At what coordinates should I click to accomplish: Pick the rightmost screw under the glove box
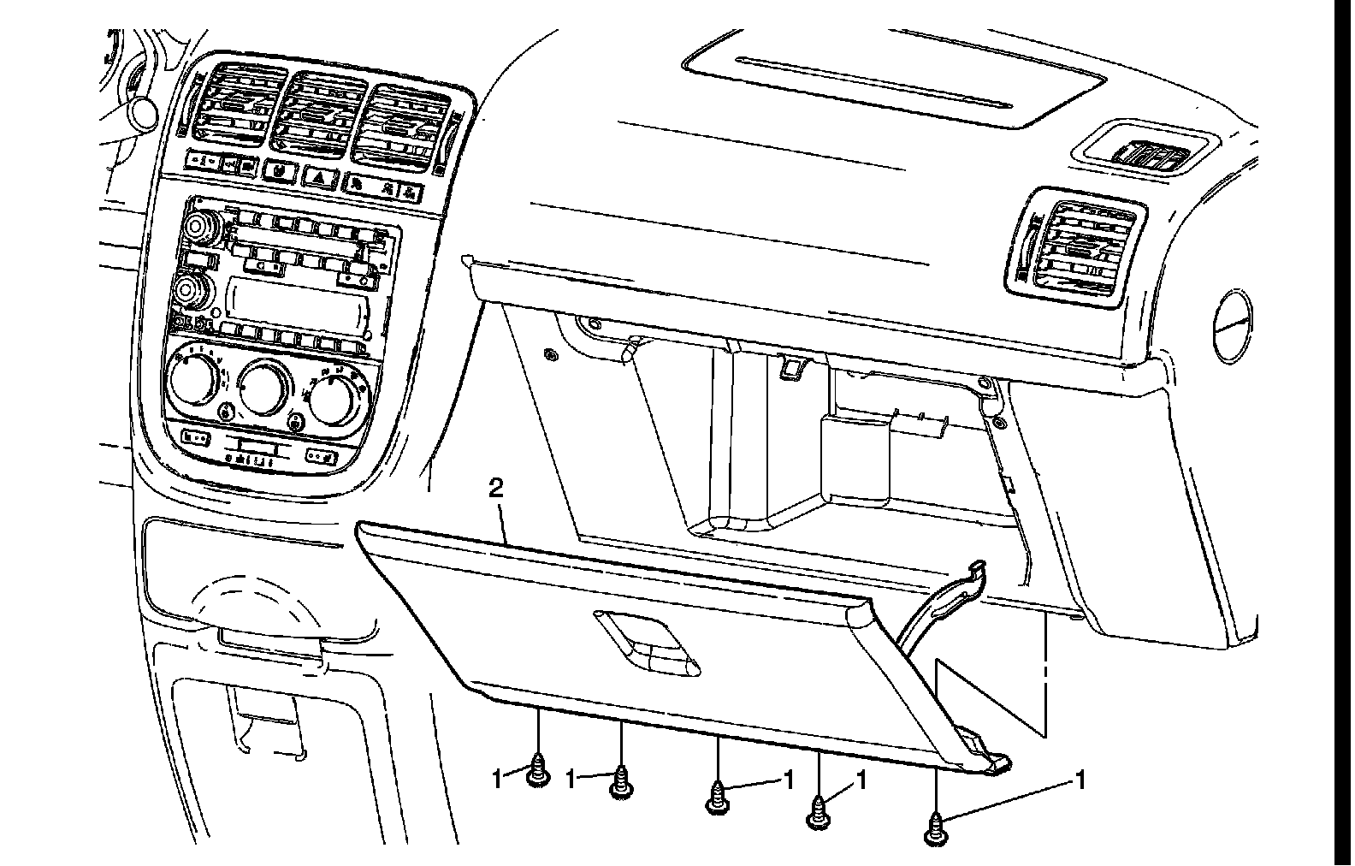937,831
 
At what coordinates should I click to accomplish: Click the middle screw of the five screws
717,798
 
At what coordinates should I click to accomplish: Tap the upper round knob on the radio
199,227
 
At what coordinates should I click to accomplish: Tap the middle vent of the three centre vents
315,116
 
